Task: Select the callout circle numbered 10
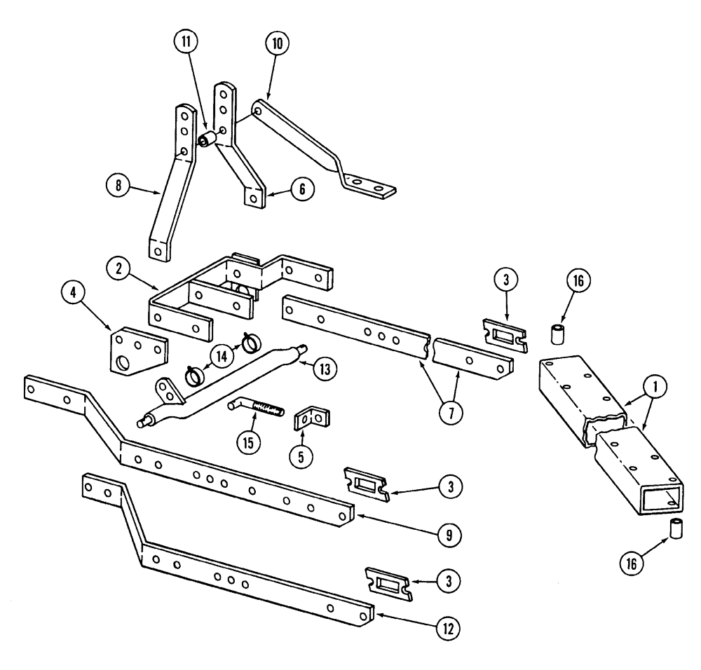point(276,43)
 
